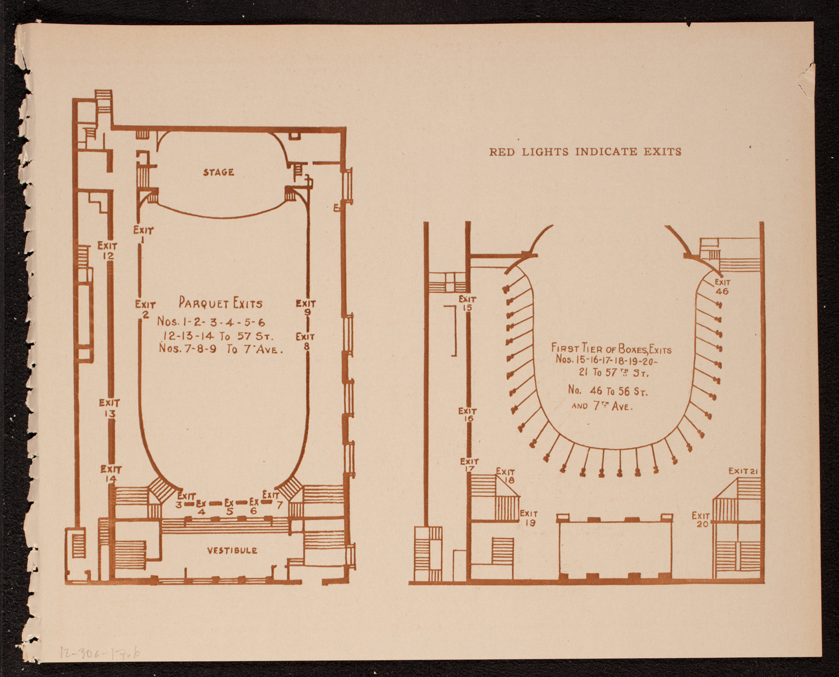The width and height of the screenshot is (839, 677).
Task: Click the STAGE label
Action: (x=218, y=172)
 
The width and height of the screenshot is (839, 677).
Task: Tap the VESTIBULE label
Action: (x=232, y=551)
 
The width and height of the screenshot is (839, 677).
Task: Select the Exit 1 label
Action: (x=143, y=234)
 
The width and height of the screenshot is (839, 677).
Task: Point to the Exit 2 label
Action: (x=145, y=309)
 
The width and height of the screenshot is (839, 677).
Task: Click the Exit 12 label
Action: (x=107, y=250)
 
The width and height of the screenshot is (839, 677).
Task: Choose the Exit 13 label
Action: (x=110, y=408)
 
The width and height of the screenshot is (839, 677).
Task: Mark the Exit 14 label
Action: (x=111, y=474)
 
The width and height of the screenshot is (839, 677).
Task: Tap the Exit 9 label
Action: (x=306, y=308)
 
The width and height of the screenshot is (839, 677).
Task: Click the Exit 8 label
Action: (x=305, y=341)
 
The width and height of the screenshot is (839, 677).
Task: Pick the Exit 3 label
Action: (x=185, y=500)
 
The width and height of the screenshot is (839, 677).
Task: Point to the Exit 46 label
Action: (x=722, y=287)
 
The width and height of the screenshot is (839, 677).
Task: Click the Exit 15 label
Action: (x=467, y=303)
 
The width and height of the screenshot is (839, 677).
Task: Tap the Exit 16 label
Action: (x=468, y=415)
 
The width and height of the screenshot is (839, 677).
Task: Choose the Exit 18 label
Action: (x=506, y=476)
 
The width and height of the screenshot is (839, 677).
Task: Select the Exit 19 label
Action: (x=529, y=518)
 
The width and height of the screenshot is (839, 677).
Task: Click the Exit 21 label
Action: (x=743, y=471)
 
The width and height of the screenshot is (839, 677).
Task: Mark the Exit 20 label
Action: (x=701, y=519)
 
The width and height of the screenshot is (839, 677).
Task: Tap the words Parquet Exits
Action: (x=220, y=303)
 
